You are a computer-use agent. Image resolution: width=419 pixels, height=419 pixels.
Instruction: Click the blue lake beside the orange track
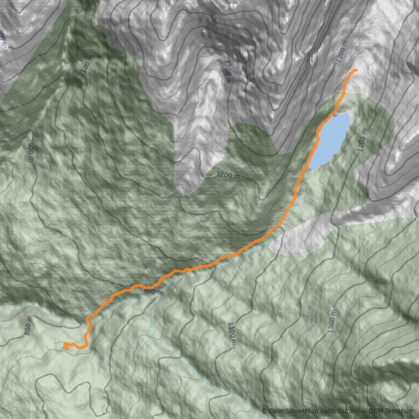pyautogui.click(x=331, y=139)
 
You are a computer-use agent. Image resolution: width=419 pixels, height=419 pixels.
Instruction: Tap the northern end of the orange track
pyautogui.click(x=357, y=69)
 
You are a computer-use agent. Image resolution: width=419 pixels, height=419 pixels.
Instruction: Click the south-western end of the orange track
pyautogui.click(x=56, y=343)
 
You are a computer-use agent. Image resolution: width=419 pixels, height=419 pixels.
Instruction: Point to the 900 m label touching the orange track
pyautogui.click(x=153, y=291)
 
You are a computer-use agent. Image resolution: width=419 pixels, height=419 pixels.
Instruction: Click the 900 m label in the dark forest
pyautogui.click(x=31, y=152)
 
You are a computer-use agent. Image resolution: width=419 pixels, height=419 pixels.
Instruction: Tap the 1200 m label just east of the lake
pyautogui.click(x=361, y=140)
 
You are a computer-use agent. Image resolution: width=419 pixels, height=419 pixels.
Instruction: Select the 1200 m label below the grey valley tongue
pyautogui.click(x=228, y=175)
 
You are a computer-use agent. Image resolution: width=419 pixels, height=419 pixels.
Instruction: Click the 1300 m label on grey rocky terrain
pyautogui.click(x=228, y=71)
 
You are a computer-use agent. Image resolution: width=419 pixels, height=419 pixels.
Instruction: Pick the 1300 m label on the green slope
pyautogui.click(x=331, y=321)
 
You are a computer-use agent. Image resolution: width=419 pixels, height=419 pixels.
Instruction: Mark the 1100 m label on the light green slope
pyautogui.click(x=231, y=334)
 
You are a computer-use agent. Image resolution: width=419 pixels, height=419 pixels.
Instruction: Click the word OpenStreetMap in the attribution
pyautogui.click(x=294, y=411)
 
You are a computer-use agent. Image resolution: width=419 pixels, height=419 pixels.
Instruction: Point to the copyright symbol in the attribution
pyautogui.click(x=264, y=411)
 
